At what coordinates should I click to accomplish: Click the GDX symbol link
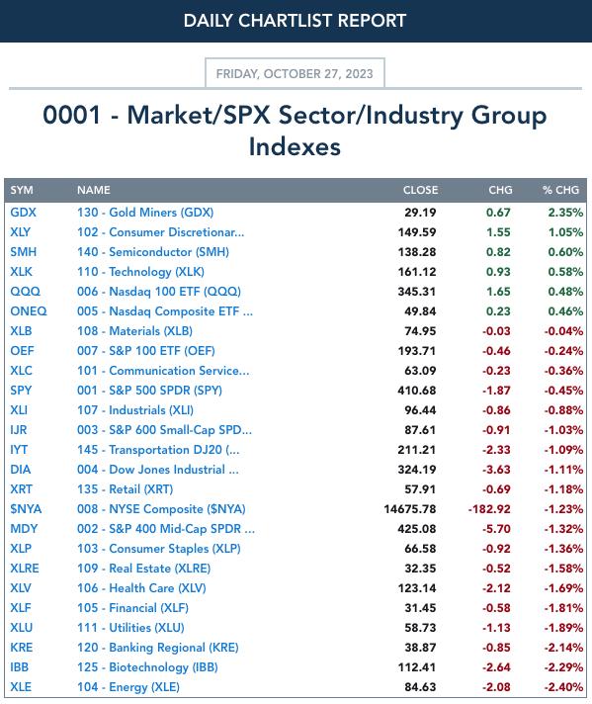pyautogui.click(x=24, y=213)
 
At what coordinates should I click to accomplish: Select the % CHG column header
pyautogui.click(x=560, y=190)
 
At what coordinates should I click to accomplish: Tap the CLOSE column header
pyautogui.click(x=420, y=190)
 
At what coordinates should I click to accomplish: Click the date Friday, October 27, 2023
pyautogui.click(x=295, y=73)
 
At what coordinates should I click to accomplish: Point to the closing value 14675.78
pyautogui.click(x=410, y=509)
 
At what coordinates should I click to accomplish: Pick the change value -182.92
pyautogui.click(x=489, y=509)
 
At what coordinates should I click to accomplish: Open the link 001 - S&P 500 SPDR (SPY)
pyautogui.click(x=149, y=391)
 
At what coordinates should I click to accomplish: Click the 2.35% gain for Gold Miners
pyautogui.click(x=565, y=213)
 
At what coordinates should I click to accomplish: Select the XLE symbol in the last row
pyautogui.click(x=21, y=687)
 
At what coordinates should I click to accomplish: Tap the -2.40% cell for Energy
pyautogui.click(x=563, y=687)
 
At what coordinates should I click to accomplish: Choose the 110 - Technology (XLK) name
pyautogui.click(x=140, y=272)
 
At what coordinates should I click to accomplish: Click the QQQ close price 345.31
pyautogui.click(x=416, y=292)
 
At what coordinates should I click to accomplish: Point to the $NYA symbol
pyautogui.click(x=26, y=509)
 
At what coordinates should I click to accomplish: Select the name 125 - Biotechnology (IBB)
pyautogui.click(x=147, y=667)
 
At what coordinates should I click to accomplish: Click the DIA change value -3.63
pyautogui.click(x=496, y=470)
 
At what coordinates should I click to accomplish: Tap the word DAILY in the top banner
pyautogui.click(x=209, y=21)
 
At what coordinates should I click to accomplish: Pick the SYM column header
pyautogui.click(x=22, y=190)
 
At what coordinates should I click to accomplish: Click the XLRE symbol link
pyautogui.click(x=25, y=569)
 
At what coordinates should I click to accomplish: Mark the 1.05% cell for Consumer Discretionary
pyautogui.click(x=565, y=232)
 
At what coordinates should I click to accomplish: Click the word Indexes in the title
pyautogui.click(x=295, y=146)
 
